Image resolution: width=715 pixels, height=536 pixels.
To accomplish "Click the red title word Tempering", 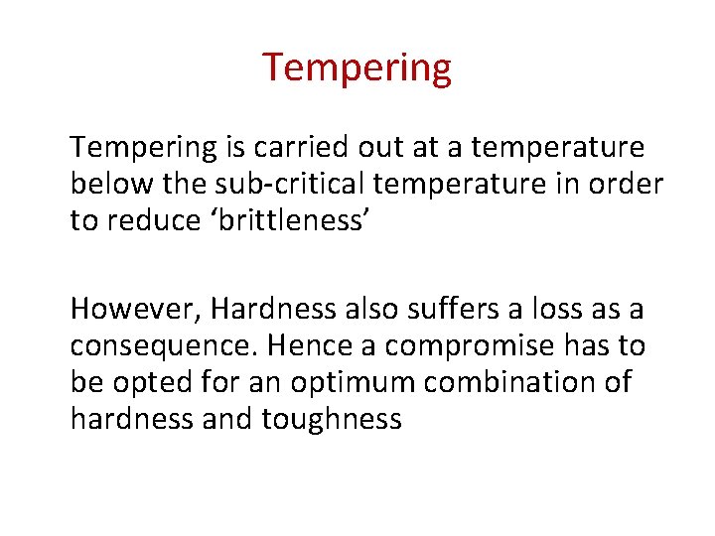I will pyautogui.click(x=357, y=67).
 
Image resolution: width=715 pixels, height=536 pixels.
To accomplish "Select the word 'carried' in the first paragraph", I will pyautogui.click(x=300, y=148).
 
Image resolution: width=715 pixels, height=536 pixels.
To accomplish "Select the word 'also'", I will pyautogui.click(x=379, y=310).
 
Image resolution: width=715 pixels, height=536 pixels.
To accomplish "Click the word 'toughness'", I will pyautogui.click(x=333, y=418).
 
